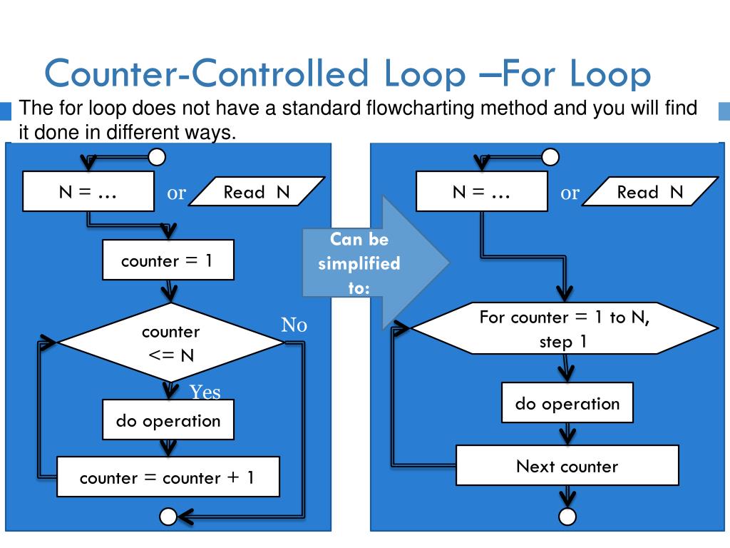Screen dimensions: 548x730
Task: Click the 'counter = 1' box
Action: [x=168, y=260]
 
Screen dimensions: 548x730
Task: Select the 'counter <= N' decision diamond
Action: [x=170, y=343]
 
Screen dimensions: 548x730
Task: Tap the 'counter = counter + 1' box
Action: [x=168, y=477]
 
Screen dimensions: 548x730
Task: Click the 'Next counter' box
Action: [x=567, y=466]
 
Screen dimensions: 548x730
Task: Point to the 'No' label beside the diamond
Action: [x=294, y=325]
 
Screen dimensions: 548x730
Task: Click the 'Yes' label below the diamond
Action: [x=205, y=392]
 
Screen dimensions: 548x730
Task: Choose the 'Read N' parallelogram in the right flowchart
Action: [x=649, y=192]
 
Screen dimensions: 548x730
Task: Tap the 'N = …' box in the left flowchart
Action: [x=88, y=191]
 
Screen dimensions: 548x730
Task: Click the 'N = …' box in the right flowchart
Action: [x=481, y=191]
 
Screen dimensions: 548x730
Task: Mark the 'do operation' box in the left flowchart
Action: [x=168, y=420]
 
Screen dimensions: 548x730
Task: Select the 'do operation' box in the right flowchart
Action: [x=567, y=404]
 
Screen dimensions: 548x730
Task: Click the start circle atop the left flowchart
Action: [x=157, y=156]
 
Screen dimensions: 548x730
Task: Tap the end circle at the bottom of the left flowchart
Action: [x=168, y=516]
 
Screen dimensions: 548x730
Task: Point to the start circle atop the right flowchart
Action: [x=550, y=156]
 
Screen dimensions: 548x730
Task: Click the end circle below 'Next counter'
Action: [x=567, y=516]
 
